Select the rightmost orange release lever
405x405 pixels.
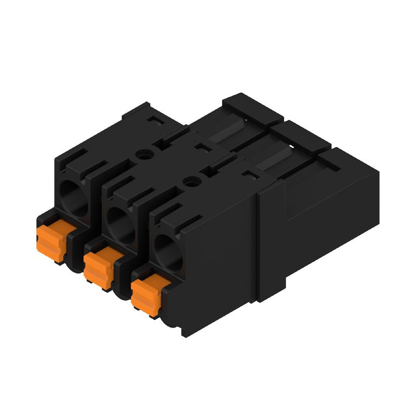pos(146,295)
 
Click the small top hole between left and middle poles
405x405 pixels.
pos(145,155)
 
